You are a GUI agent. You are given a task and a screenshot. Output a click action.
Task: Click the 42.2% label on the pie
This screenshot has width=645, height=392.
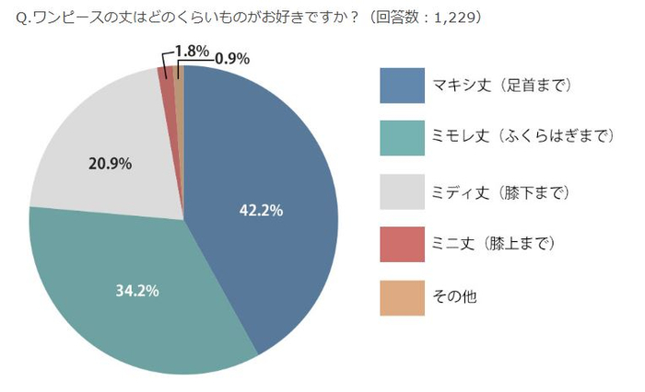pyautogui.click(x=261, y=211)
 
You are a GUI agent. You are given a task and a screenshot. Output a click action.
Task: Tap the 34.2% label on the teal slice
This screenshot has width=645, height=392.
pyautogui.click(x=137, y=291)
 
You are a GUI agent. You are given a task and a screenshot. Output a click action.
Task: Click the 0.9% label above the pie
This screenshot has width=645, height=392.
pyautogui.click(x=231, y=58)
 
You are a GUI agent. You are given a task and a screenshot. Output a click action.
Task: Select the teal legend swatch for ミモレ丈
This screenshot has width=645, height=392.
pyautogui.click(x=403, y=138)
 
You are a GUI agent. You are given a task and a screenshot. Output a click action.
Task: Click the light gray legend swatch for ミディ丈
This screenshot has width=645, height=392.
pyautogui.click(x=403, y=191)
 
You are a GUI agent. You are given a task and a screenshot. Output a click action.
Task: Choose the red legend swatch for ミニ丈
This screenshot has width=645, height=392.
pyautogui.click(x=403, y=245)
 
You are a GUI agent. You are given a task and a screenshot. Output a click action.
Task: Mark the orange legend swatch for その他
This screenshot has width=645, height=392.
pyautogui.click(x=403, y=298)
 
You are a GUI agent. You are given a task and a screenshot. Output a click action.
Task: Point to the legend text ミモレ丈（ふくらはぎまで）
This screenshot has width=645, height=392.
pyautogui.click(x=522, y=138)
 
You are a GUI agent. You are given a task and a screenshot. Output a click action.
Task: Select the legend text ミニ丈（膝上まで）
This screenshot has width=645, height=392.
pyautogui.click(x=493, y=245)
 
